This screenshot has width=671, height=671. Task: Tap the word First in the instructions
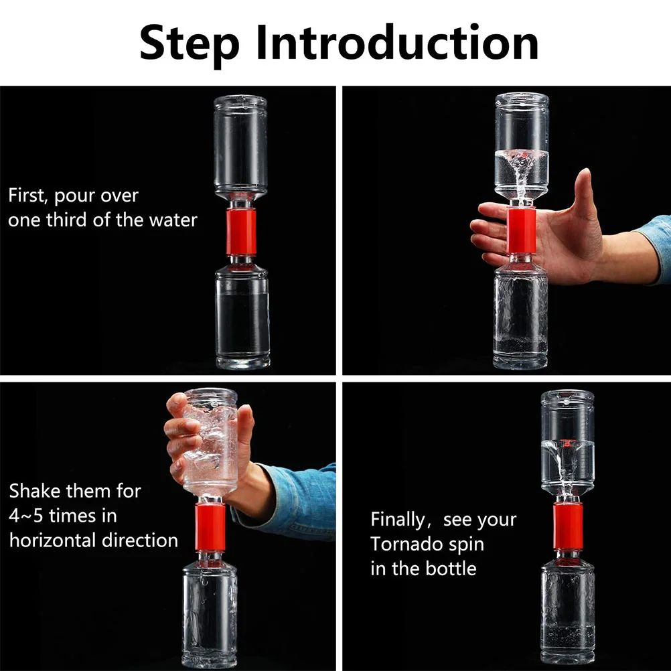[27, 196]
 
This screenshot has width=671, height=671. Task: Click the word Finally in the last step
[398, 520]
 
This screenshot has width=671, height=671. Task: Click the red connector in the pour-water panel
[241, 232]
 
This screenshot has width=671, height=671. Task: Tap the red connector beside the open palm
[521, 230]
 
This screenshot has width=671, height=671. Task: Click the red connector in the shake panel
[210, 527]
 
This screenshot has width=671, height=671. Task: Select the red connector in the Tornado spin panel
[567, 526]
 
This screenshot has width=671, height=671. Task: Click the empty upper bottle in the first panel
[240, 149]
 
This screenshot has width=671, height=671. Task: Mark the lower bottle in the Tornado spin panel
[568, 607]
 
